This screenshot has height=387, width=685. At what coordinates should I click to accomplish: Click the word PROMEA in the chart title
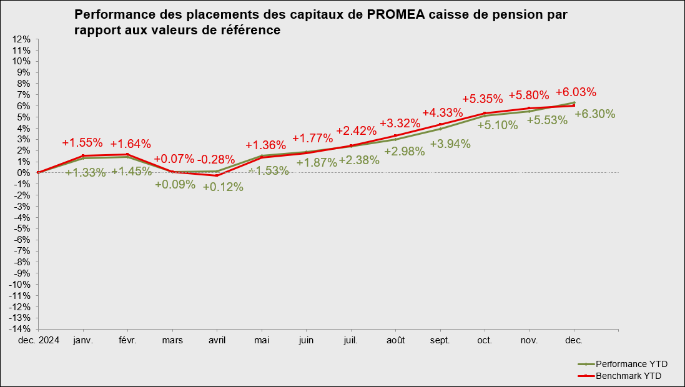point(398,14)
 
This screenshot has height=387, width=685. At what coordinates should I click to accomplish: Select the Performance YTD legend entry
point(627,364)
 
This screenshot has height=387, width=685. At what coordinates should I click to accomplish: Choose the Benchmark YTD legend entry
point(628,376)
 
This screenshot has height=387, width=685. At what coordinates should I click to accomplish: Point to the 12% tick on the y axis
point(23,39)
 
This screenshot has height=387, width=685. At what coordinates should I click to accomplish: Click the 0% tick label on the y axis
point(25,173)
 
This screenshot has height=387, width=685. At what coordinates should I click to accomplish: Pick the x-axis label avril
point(217,340)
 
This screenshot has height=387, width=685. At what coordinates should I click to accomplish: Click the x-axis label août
point(395,340)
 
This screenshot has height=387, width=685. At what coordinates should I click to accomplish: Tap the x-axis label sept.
point(440,340)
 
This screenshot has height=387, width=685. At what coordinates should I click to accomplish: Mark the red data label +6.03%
point(576,92)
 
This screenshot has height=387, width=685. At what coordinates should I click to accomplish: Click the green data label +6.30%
point(594,114)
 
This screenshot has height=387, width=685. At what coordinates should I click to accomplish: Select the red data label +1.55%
point(82,142)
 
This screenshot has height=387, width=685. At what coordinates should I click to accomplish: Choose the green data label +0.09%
point(175,185)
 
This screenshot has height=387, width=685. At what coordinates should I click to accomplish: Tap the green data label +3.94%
point(450,144)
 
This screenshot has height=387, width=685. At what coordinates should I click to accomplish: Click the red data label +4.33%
point(442,113)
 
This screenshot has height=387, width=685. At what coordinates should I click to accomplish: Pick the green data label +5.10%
point(498,125)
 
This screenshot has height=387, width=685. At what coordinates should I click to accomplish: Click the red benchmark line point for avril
point(217,175)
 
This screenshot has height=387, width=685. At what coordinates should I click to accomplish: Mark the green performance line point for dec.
point(574,102)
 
